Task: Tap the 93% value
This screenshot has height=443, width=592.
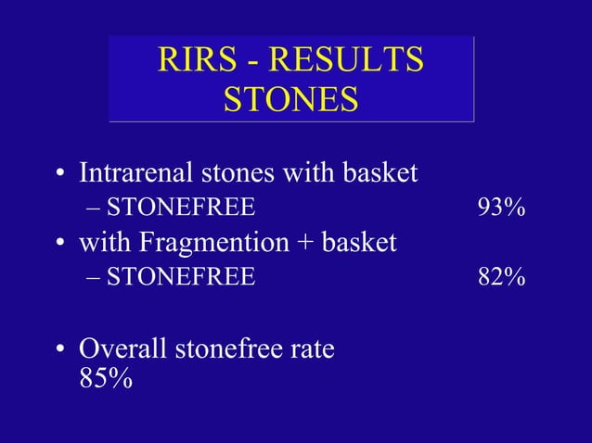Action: click(x=502, y=208)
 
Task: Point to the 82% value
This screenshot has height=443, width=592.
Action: click(x=502, y=276)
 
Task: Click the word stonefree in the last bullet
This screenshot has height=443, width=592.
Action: click(x=232, y=349)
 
